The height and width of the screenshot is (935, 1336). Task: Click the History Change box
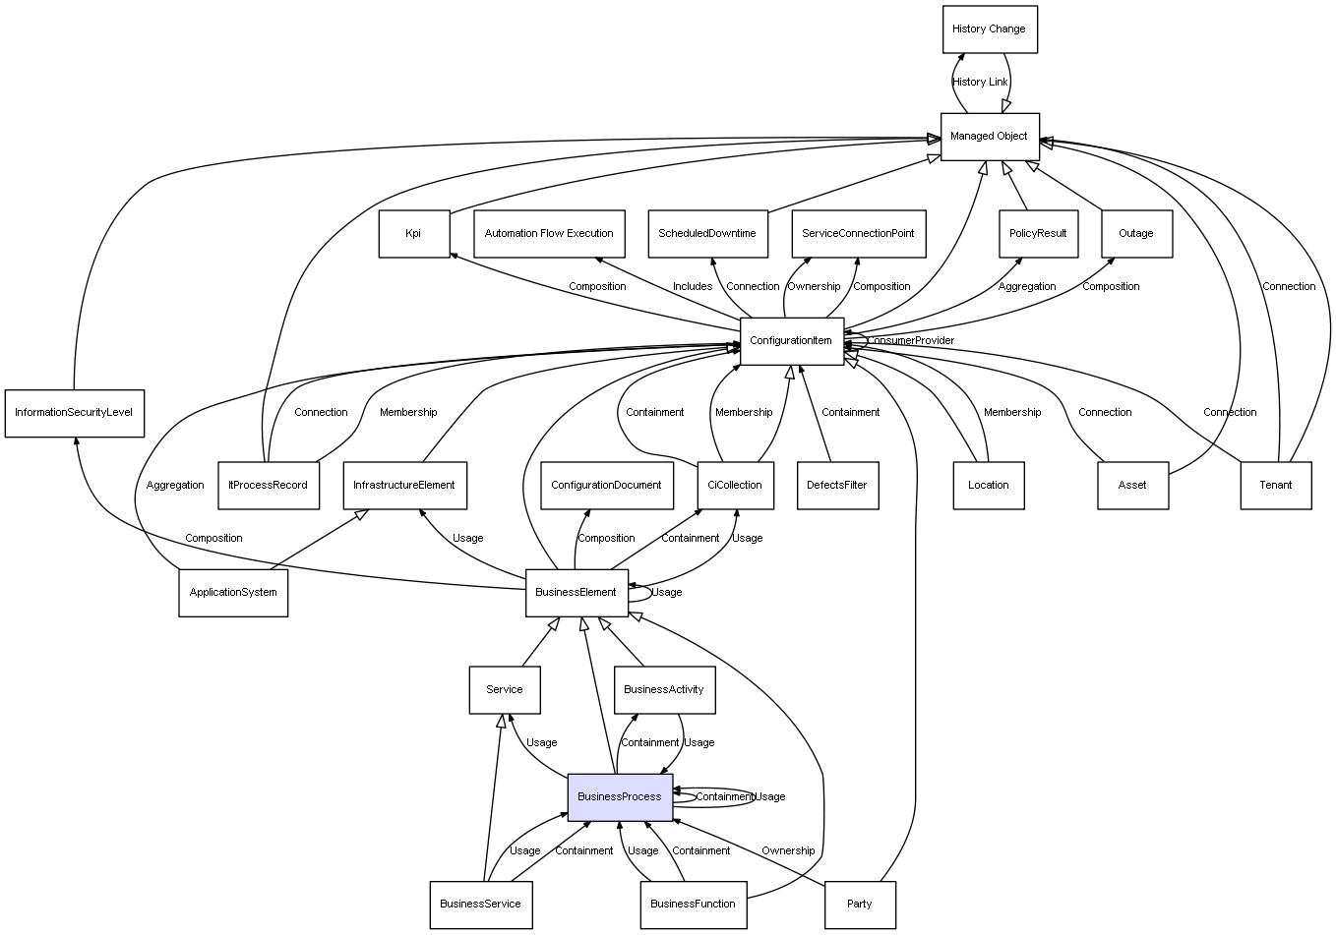pos(989,29)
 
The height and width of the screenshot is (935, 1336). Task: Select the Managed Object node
pos(989,137)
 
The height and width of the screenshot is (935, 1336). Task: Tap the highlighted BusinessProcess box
pos(620,796)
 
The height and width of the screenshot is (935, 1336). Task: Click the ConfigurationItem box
pos(791,341)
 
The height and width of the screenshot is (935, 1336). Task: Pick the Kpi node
pos(413,234)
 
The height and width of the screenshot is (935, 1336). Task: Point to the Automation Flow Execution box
pos(549,234)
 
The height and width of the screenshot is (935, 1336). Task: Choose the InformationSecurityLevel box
pos(74,413)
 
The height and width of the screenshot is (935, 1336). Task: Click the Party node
pos(860,904)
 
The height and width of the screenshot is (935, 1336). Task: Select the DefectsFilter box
pos(836,485)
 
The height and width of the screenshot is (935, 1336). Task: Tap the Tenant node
pos(1276,485)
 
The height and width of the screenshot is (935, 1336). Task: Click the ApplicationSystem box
pos(233,593)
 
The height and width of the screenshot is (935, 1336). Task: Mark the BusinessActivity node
pos(664,689)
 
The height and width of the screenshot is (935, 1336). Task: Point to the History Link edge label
pos(980,83)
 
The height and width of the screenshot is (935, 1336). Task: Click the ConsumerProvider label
pos(911,341)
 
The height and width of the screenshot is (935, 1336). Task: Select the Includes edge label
pos(693,287)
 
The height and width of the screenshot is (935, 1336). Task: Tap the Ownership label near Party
pos(788,851)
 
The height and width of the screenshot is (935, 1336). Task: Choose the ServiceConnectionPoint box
pos(858,234)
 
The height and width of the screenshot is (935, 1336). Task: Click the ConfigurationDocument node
pos(606,485)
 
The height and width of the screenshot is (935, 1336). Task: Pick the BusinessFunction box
pos(693,904)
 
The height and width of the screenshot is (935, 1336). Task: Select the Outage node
pos(1136,234)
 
